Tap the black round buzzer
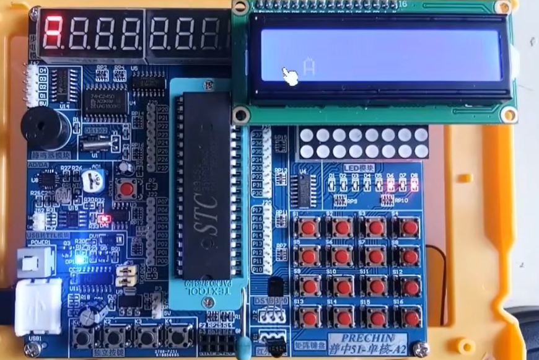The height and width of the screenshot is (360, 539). pyautogui.click(x=46, y=128)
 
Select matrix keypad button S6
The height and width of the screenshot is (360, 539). pyautogui.click(x=342, y=256)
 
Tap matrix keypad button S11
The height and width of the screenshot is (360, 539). pyautogui.click(x=376, y=286)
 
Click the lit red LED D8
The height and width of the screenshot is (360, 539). pyautogui.click(x=414, y=185)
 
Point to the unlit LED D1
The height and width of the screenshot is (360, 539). pyautogui.click(x=331, y=185)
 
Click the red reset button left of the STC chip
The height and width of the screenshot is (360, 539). pyautogui.click(x=127, y=188)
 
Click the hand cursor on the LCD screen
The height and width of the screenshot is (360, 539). pyautogui.click(x=290, y=76)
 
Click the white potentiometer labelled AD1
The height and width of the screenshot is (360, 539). pyautogui.click(x=92, y=180)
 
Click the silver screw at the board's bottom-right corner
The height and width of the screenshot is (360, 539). pyautogui.click(x=421, y=349)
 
